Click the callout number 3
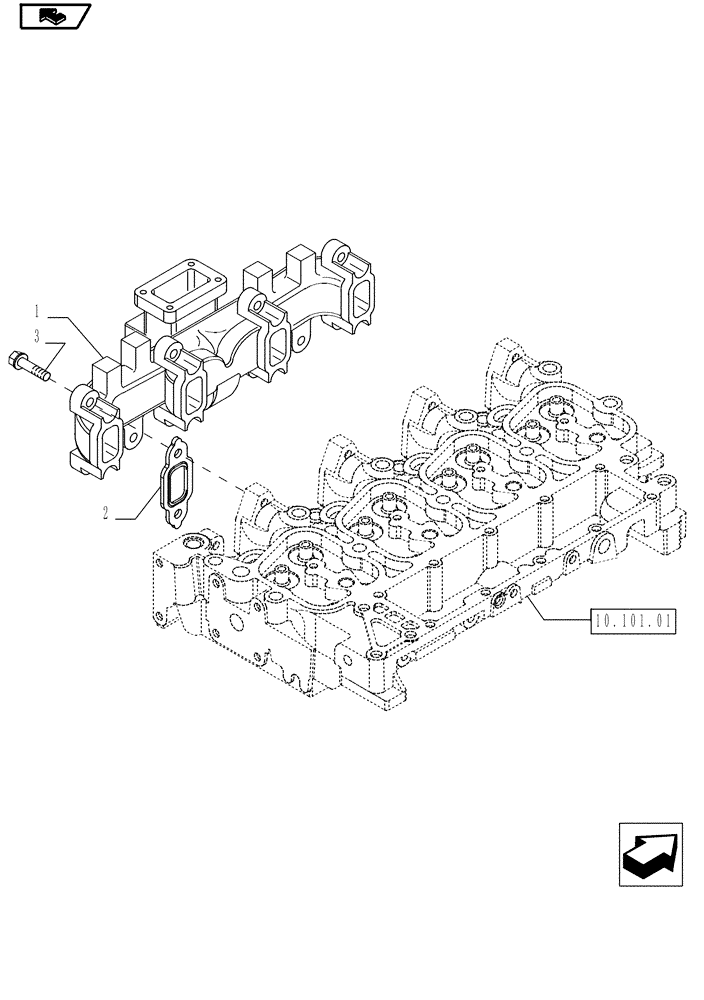pos(36,336)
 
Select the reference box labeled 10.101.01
pos(633,621)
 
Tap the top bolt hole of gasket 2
pos(179,449)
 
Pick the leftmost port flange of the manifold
pos(95,430)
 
